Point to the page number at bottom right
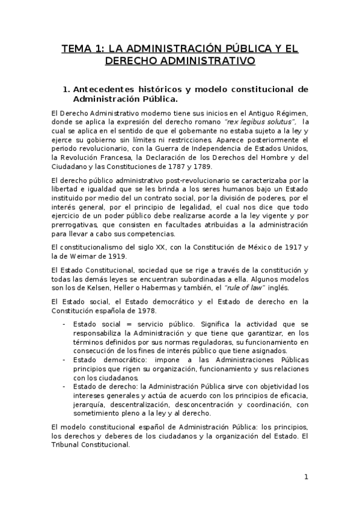click(306, 478)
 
